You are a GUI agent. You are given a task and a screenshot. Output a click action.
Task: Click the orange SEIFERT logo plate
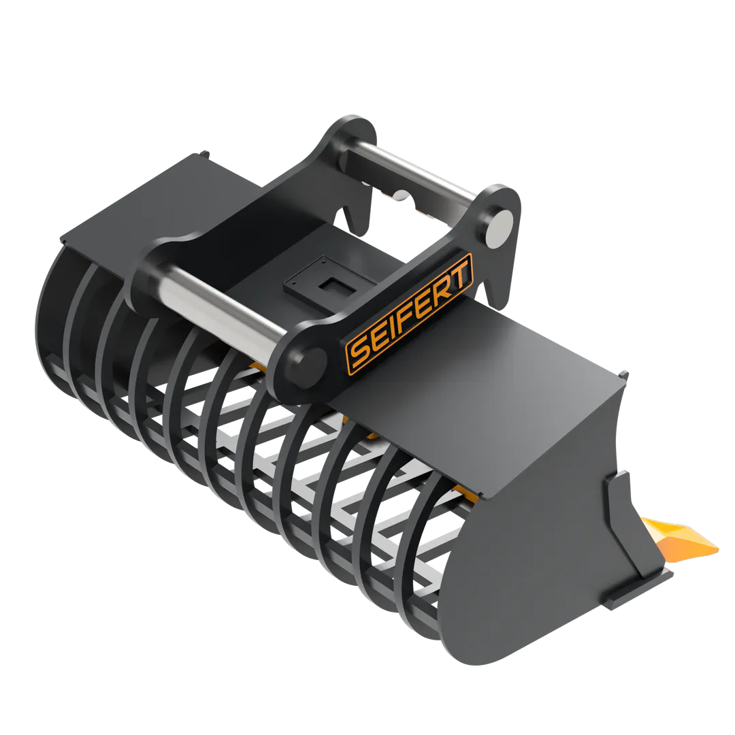[x=409, y=313]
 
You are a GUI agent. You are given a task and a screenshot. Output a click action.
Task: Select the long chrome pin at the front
[x=220, y=304]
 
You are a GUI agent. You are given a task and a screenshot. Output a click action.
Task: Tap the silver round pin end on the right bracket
[x=498, y=229]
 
